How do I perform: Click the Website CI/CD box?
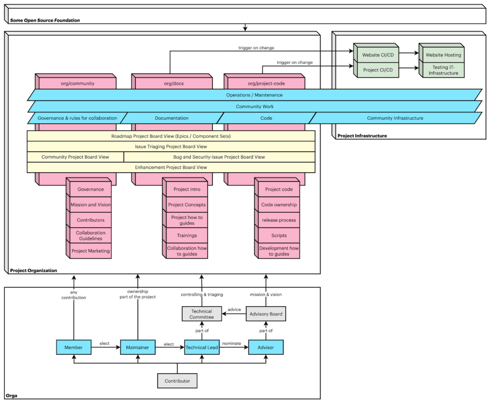(377, 55)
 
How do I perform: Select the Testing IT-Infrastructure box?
(443, 70)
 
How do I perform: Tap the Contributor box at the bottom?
(177, 381)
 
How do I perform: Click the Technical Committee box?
(201, 314)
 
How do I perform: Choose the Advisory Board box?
(266, 314)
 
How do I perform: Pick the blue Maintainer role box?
(138, 348)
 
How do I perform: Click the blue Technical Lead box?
(201, 348)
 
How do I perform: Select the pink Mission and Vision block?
(90, 205)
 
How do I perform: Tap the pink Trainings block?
(187, 235)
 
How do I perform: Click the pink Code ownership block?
(279, 205)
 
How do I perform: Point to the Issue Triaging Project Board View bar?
(171, 146)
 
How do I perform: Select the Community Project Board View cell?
(75, 157)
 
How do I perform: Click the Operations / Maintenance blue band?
(254, 95)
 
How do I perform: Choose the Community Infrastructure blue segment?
(395, 118)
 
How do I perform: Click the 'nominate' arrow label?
(232, 343)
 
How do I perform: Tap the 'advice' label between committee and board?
(234, 310)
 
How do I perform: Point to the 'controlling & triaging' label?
(201, 294)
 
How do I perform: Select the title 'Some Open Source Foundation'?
(45, 20)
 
